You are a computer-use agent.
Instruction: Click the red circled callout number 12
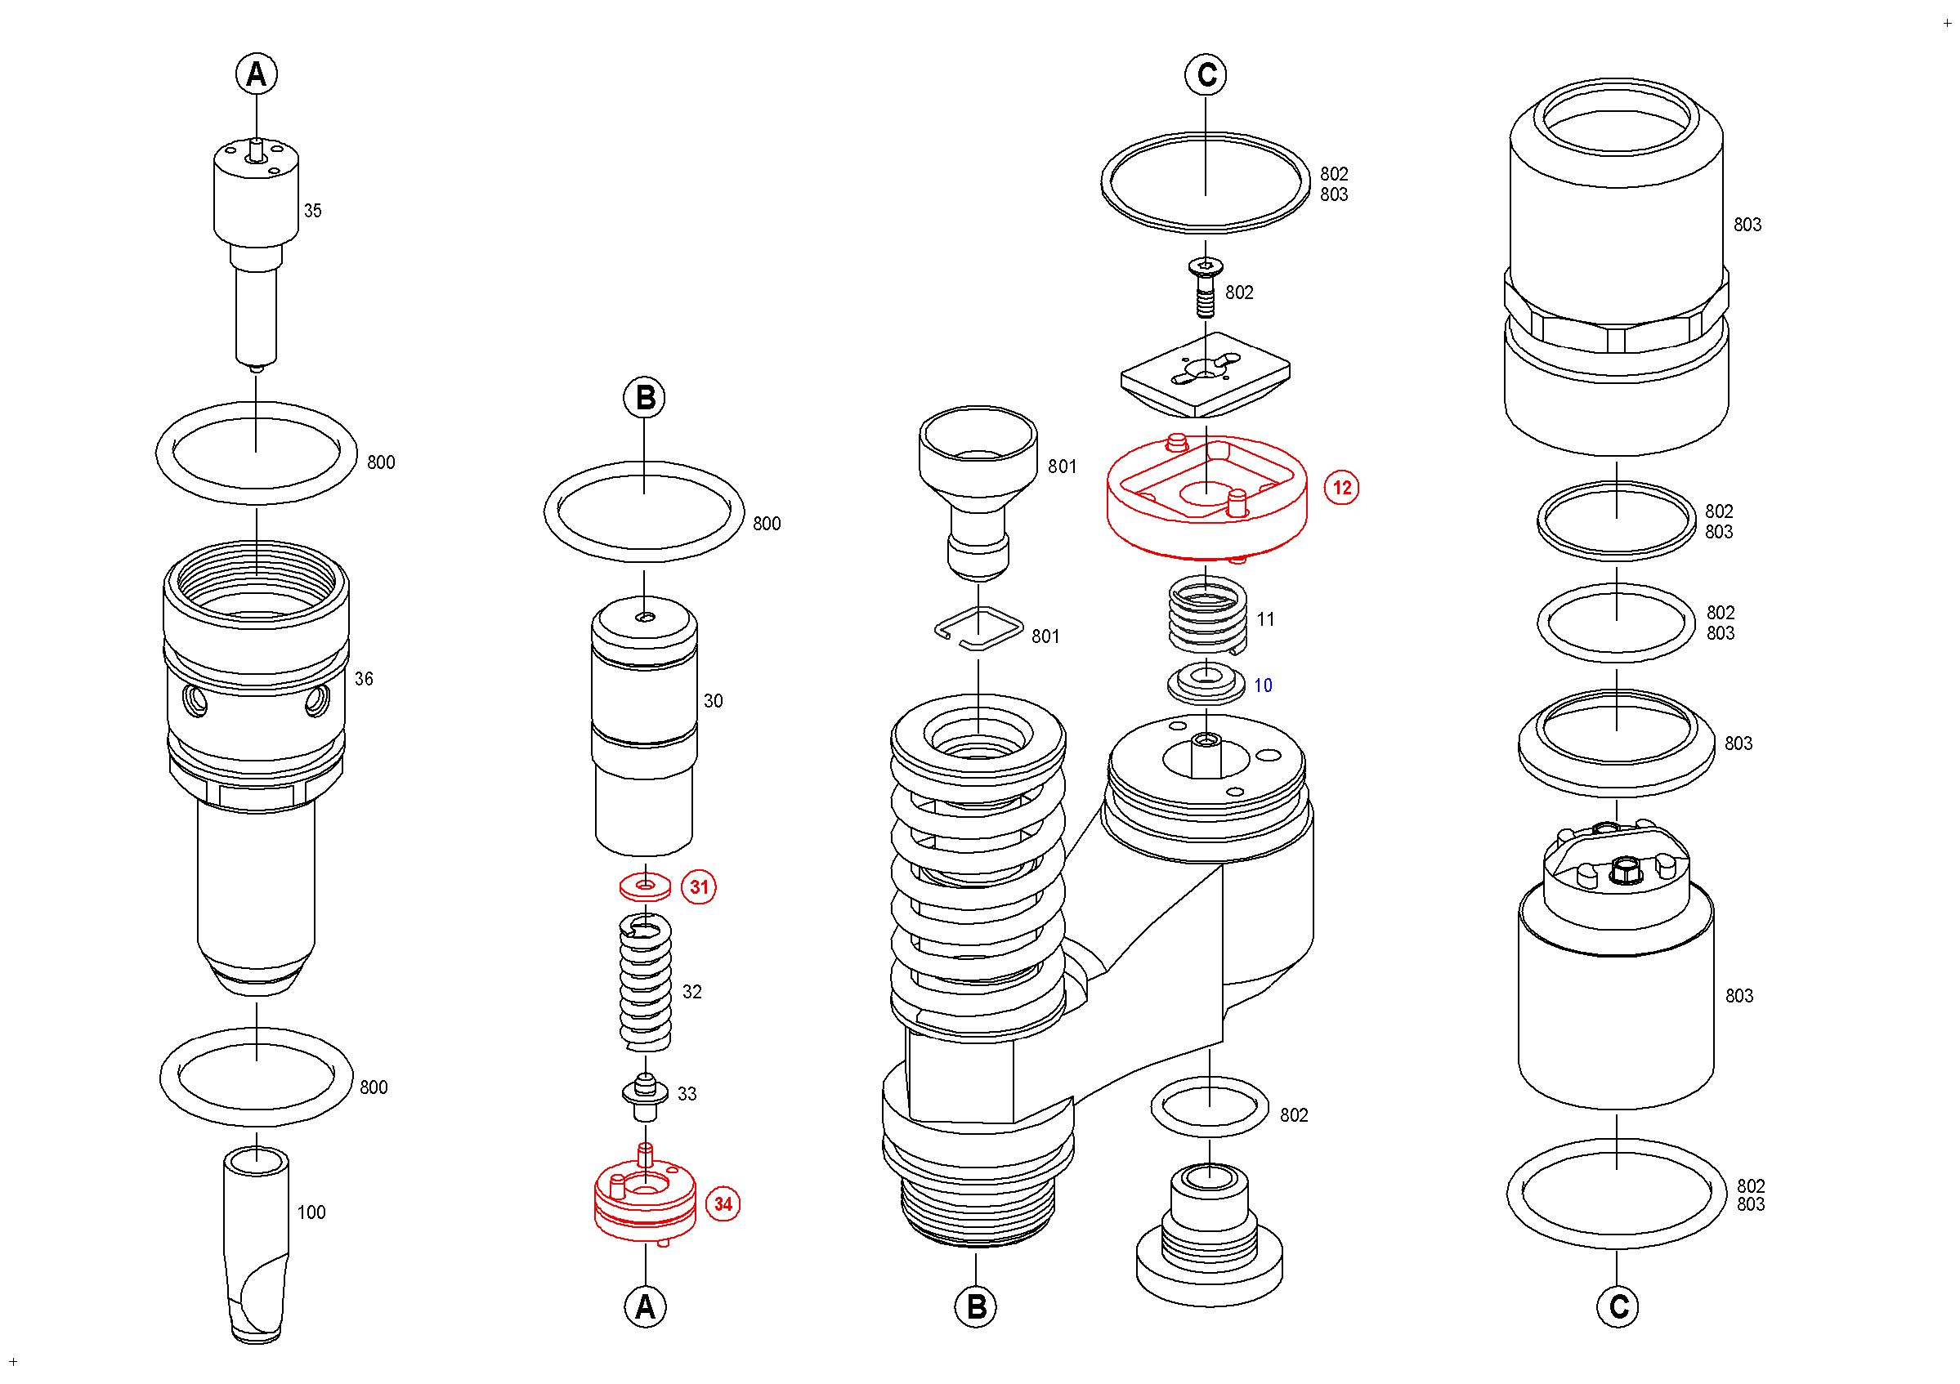coord(1341,488)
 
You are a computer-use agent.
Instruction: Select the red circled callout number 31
coord(698,887)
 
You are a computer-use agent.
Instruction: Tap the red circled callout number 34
coord(723,1204)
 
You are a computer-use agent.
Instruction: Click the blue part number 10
coord(1263,685)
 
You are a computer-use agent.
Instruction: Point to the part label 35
coord(312,211)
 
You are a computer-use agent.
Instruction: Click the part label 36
coord(364,679)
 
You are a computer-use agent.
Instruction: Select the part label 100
coord(311,1212)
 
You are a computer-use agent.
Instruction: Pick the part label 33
coord(687,1094)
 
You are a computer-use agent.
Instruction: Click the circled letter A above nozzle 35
coord(256,74)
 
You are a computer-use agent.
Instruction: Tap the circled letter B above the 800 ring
coord(645,398)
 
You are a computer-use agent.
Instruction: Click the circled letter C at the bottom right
coord(1617,1306)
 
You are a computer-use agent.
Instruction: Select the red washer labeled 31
coord(646,887)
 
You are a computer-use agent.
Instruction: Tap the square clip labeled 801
coord(978,629)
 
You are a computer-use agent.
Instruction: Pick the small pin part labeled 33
coord(646,1097)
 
